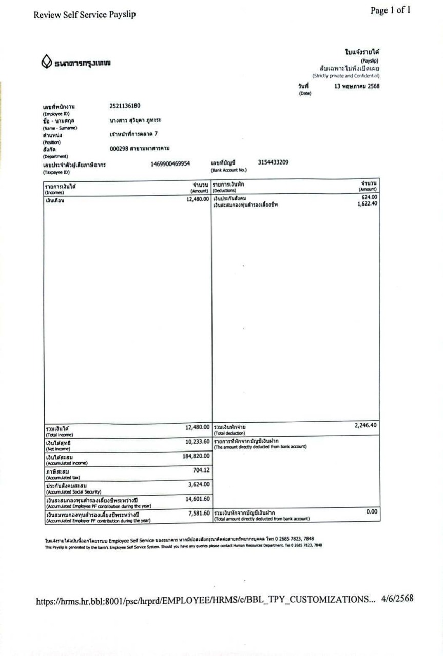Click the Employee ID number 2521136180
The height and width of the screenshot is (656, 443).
tap(125, 106)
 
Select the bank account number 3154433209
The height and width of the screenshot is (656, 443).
tap(273, 163)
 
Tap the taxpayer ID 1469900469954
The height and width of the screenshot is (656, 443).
tap(170, 164)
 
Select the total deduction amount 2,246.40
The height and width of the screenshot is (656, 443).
tap(365, 425)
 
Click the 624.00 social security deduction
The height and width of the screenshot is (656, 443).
tap(369, 197)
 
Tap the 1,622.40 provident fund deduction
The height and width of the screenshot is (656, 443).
tap(367, 204)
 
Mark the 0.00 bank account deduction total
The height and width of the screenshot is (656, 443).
tap(371, 511)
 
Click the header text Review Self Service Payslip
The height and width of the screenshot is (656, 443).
tap(85, 15)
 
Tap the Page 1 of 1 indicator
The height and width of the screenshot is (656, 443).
tap(390, 11)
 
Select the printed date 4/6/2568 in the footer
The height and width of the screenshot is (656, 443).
tap(397, 599)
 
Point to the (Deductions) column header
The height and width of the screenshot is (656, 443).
tap(224, 191)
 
